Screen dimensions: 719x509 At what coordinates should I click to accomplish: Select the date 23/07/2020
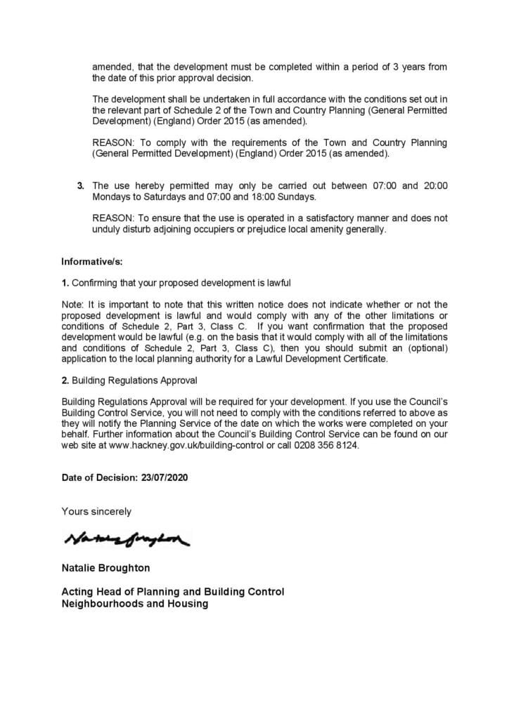[x=163, y=477]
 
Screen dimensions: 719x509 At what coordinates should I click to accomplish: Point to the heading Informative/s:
[x=91, y=262]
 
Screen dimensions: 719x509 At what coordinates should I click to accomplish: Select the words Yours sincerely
[x=96, y=511]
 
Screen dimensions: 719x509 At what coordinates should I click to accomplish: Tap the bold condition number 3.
[x=80, y=185]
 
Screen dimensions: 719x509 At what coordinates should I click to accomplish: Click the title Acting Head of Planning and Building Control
[x=172, y=592]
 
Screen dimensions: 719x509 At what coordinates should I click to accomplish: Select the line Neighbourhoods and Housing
[x=134, y=603]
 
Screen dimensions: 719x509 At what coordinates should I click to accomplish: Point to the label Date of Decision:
[x=98, y=477]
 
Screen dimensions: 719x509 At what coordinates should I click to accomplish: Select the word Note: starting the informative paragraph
[x=74, y=304]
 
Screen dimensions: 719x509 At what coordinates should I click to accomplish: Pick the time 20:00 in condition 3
[x=435, y=185]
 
